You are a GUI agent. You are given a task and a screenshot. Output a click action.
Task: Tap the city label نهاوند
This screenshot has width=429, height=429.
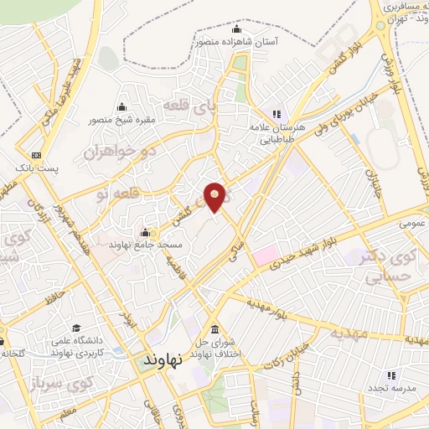coord(163,359)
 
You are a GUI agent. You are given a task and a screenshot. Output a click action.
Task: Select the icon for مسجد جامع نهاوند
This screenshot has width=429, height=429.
coord(146,232)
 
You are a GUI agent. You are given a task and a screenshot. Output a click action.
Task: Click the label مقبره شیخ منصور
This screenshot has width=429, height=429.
coord(123,120)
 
